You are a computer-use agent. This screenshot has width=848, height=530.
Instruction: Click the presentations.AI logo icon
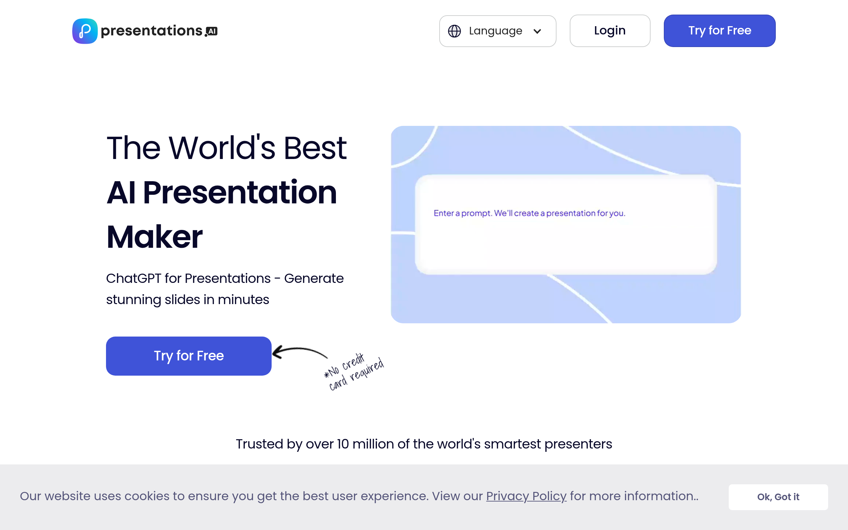pyautogui.click(x=85, y=31)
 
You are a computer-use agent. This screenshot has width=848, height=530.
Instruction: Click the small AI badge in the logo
pyautogui.click(x=212, y=31)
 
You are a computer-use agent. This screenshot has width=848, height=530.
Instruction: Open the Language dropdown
pyautogui.click(x=498, y=31)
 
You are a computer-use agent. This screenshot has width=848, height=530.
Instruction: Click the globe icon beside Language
pyautogui.click(x=454, y=31)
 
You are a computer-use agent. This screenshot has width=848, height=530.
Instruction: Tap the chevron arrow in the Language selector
pyautogui.click(x=537, y=31)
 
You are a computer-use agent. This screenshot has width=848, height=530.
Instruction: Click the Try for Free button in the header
pyautogui.click(x=719, y=30)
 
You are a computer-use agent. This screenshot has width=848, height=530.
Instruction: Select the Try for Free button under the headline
pyautogui.click(x=188, y=356)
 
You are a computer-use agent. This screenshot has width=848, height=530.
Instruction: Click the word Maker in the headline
pyautogui.click(x=155, y=237)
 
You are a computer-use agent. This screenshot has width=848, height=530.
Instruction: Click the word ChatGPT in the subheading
pyautogui.click(x=133, y=278)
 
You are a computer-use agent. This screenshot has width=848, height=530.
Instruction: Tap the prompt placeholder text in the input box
pyautogui.click(x=529, y=213)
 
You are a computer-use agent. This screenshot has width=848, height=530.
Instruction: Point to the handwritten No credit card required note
pyautogui.click(x=354, y=372)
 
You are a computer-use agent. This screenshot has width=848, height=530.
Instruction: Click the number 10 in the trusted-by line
pyautogui.click(x=343, y=444)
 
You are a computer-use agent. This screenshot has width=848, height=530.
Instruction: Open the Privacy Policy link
pyautogui.click(x=526, y=496)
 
